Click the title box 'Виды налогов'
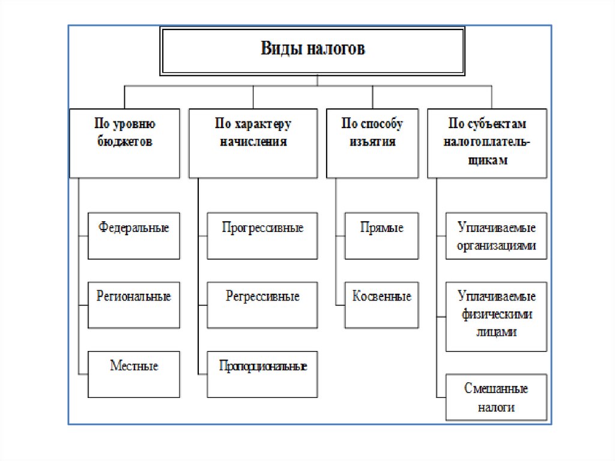click(312, 50)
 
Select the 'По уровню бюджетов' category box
click(124, 143)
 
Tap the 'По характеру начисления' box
click(253, 143)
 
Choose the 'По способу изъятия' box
click(372, 143)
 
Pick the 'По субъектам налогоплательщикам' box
click(487, 143)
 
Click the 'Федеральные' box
click(133, 236)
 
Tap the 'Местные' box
click(133, 374)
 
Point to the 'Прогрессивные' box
click(262, 236)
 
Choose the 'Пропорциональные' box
click(262, 374)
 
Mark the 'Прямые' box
click(382, 236)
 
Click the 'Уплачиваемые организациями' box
click(497, 236)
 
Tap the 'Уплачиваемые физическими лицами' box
click(497, 316)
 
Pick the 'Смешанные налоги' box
click(497, 397)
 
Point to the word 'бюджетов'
click(126, 142)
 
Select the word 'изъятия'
click(372, 142)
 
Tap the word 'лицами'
click(497, 331)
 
